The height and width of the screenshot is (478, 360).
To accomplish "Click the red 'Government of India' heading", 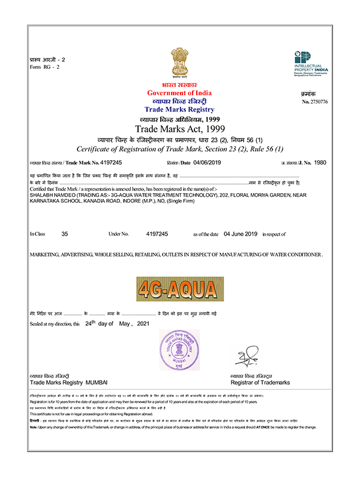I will tap(179, 93).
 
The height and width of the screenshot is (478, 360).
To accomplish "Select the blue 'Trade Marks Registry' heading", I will tap(179, 110).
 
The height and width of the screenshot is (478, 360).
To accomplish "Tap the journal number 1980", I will tap(320, 163).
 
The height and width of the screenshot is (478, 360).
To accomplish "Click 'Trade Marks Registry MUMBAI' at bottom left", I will tap(68, 382).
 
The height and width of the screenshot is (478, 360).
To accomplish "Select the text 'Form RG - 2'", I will tap(44, 67).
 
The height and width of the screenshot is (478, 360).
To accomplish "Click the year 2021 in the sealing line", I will tap(141, 323).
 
